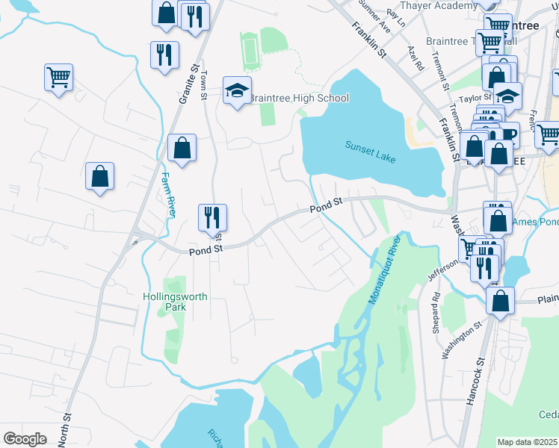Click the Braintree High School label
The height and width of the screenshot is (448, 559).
(298, 98)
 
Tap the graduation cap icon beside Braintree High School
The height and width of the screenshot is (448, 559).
(238, 91)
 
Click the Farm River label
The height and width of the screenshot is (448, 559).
(168, 196)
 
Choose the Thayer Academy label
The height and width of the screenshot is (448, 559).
(438, 5)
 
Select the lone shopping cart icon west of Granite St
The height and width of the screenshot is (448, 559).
(59, 77)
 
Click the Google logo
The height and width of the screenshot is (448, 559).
(25, 439)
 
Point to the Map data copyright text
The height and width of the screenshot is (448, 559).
(528, 442)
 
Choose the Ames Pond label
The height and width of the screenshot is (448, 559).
(535, 223)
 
